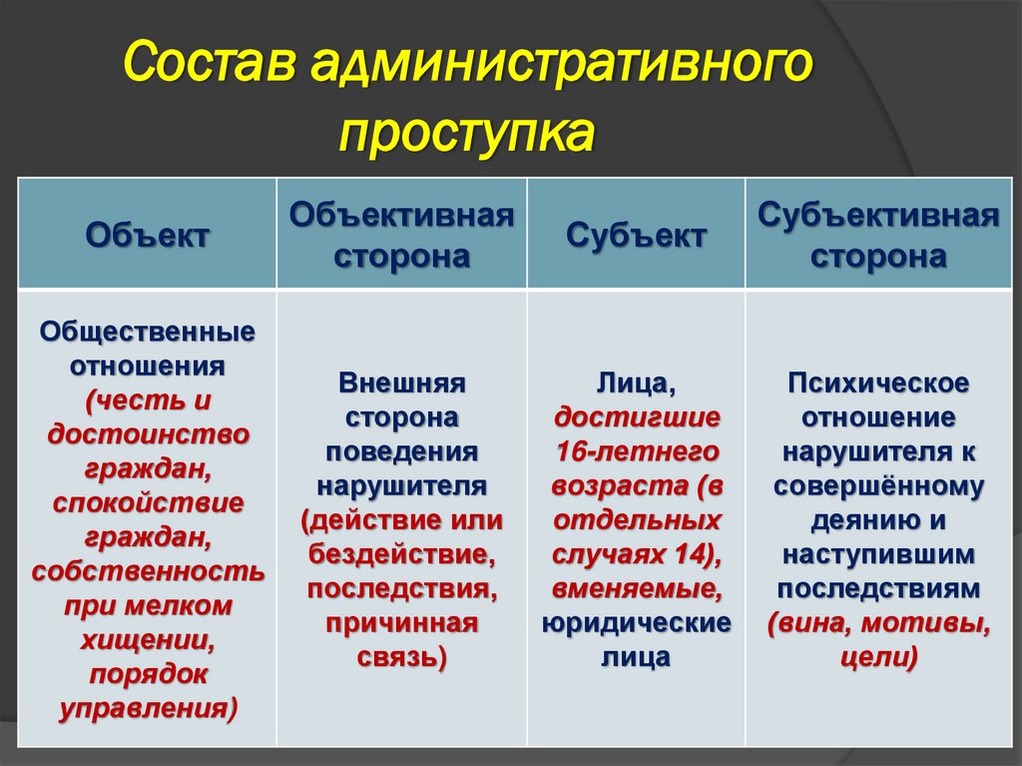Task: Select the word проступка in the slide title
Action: (465, 130)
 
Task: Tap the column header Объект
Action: (148, 236)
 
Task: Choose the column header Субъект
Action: (636, 236)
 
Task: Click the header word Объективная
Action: (401, 216)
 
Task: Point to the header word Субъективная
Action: (878, 216)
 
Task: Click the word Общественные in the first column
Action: (148, 331)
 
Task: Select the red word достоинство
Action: (148, 434)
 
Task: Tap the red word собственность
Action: (148, 571)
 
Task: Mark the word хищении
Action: (148, 640)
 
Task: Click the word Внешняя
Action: (401, 383)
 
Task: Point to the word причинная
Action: (401, 623)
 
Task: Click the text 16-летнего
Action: (636, 452)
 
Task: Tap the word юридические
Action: (636, 623)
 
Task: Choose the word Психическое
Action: (878, 383)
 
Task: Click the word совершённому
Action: (878, 486)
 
